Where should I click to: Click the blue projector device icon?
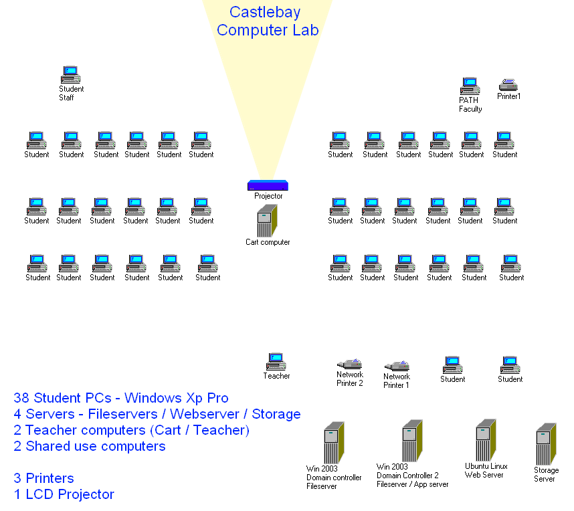click(268, 185)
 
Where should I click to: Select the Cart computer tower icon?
click(266, 221)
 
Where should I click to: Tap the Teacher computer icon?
click(276, 362)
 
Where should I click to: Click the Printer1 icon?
click(508, 85)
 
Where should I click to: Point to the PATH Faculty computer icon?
click(470, 87)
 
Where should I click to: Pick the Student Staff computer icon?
click(70, 75)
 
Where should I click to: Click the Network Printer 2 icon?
click(350, 364)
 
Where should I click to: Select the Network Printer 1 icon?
click(397, 366)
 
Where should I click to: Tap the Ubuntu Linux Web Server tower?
click(485, 440)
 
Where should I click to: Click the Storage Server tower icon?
click(546, 444)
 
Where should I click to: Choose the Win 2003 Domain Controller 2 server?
click(411, 441)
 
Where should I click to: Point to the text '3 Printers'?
click(43, 478)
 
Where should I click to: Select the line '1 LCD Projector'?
click(64, 494)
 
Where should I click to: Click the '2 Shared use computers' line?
click(89, 446)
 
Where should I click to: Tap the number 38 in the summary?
click(21, 398)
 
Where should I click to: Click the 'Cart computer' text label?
click(268, 242)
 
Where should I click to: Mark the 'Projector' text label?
click(268, 196)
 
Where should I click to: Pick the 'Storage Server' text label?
click(546, 474)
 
